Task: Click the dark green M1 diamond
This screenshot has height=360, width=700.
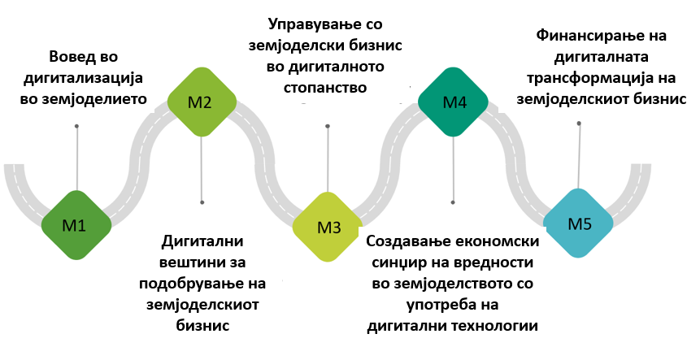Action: click(x=75, y=225)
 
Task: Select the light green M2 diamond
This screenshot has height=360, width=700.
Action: click(x=201, y=102)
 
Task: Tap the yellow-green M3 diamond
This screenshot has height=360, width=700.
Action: click(x=328, y=227)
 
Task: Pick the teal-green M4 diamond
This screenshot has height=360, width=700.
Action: click(x=454, y=102)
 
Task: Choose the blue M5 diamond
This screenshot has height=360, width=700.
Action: click(x=579, y=223)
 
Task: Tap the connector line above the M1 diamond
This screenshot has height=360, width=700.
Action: click(x=76, y=158)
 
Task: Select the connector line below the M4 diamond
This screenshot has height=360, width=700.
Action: click(x=453, y=167)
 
